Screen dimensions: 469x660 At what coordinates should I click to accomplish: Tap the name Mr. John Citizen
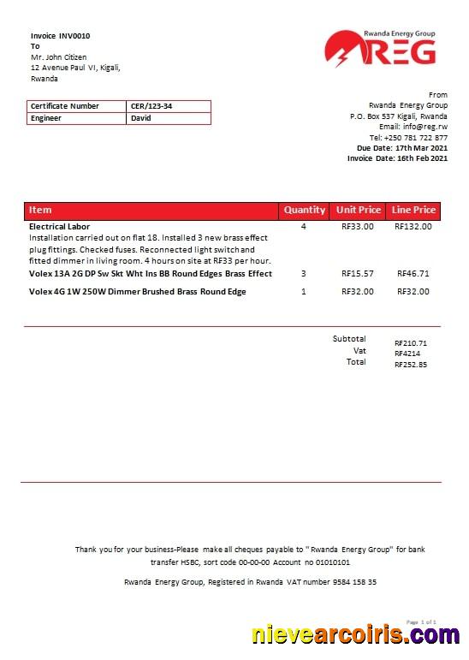pos(58,56)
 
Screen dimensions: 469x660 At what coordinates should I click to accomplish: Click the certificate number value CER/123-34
pos(145,106)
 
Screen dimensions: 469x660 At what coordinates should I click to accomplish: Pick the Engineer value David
pos(140,118)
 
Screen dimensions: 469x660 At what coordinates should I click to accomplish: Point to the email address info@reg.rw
pos(425,127)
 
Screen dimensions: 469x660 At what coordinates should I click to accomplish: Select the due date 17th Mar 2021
pos(421,148)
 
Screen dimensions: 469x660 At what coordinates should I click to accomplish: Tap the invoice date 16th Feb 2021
pos(421,158)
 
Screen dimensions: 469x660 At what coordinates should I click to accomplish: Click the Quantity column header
pos(305,210)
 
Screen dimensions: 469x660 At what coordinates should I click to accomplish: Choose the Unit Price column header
pos(359,210)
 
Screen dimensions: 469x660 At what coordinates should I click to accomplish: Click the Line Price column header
pos(413,210)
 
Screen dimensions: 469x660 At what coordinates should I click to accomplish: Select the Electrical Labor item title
pos(60,227)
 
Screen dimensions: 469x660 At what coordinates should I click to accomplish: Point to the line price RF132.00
pos(413,227)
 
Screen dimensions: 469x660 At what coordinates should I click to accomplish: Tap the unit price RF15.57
pos(358,274)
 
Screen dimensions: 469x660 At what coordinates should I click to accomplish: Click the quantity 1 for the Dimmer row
pos(303,292)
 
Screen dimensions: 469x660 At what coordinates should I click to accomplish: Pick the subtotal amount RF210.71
pos(411,342)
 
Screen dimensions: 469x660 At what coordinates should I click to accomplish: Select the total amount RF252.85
pos(411,364)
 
